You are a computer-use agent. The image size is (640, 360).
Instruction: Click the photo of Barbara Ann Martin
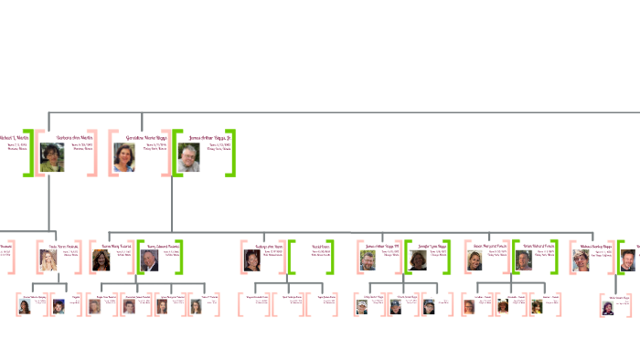tap(52, 157)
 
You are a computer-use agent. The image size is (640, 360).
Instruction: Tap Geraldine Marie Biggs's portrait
tap(124, 157)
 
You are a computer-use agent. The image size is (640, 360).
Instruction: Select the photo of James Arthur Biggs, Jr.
tap(188, 157)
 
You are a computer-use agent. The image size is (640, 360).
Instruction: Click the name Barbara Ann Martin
tap(74, 137)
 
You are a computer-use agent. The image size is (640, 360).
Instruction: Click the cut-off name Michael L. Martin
tap(15, 137)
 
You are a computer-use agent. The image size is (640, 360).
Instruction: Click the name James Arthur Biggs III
tap(382, 246)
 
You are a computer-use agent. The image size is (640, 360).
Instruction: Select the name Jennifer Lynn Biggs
tap(432, 246)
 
